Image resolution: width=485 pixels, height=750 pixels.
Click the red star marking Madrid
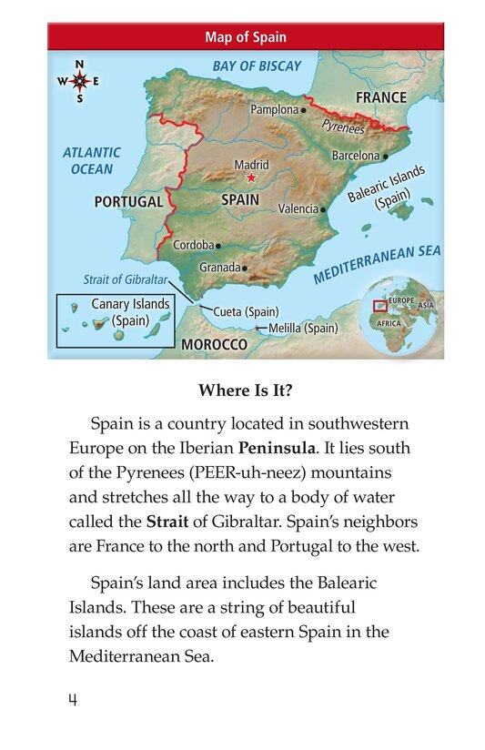click(252, 177)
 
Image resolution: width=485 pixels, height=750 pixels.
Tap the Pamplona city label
click(274, 109)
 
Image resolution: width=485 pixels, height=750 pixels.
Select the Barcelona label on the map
click(355, 156)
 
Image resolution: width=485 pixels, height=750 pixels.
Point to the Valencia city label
click(298, 208)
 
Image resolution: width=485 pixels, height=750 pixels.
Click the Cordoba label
click(193, 245)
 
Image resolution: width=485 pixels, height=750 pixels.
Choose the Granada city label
click(219, 268)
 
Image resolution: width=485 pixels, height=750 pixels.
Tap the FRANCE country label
click(381, 96)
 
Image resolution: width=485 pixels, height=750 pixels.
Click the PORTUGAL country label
click(128, 201)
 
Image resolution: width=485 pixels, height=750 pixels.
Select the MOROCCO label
click(214, 345)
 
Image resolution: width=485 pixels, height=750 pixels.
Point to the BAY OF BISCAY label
click(256, 66)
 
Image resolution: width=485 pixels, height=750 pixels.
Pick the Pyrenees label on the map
click(344, 127)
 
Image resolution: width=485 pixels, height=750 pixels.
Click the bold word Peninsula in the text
click(278, 449)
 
